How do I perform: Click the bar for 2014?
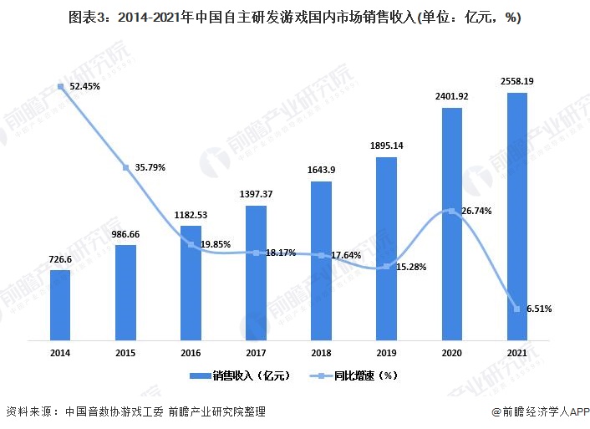[60, 305]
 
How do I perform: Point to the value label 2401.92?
[452, 97]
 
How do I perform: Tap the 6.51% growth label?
[538, 309]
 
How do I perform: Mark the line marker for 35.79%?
[125, 167]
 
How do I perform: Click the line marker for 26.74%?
[452, 211]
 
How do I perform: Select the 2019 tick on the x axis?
[387, 354]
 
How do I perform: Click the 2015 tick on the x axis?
[125, 354]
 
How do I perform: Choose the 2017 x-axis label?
[256, 354]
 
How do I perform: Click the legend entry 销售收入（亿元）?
[240, 377]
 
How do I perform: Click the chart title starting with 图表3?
[295, 19]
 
